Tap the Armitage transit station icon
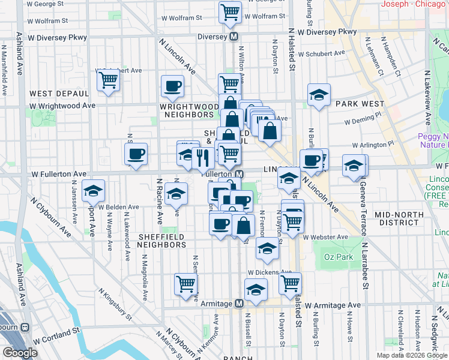click(239, 304)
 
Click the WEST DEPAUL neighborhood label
click(59, 94)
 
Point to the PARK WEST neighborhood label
click(360, 104)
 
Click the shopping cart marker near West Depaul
click(109, 80)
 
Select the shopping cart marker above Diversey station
click(231, 12)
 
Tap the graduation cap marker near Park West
click(319, 95)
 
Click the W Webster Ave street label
click(326, 237)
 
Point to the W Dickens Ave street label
click(270, 272)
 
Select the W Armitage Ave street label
click(333, 305)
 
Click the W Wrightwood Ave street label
click(62, 106)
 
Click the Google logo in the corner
click(20, 353)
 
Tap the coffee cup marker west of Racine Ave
click(136, 154)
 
